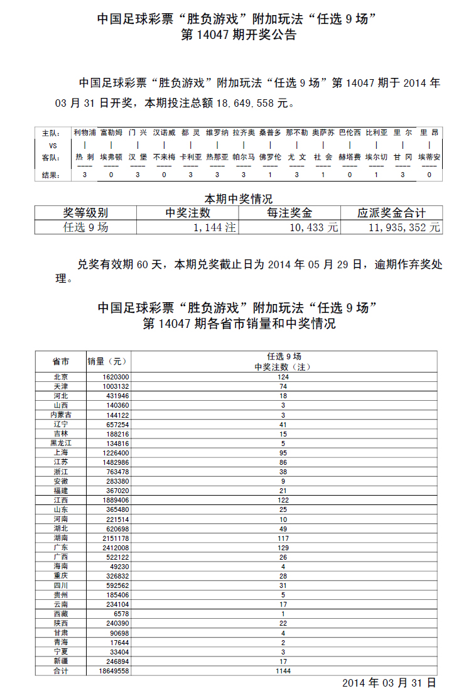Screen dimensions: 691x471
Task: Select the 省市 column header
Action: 61,361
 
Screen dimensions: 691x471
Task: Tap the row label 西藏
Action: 61,613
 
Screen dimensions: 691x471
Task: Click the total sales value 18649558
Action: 114,671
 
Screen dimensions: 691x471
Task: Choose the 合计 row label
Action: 61,671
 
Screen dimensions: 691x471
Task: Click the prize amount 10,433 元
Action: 314,227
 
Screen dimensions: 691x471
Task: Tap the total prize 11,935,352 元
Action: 404,227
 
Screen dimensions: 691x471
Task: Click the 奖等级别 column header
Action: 85,213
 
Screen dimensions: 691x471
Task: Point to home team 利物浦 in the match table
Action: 85,133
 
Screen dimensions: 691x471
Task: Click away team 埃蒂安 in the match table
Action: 430,157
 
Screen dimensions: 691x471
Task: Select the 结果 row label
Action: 50,175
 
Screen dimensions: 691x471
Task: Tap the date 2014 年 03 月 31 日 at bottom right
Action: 389,683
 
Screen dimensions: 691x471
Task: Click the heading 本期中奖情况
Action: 239,199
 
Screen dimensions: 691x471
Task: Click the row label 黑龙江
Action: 61,443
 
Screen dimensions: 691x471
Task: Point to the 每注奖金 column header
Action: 290,213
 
